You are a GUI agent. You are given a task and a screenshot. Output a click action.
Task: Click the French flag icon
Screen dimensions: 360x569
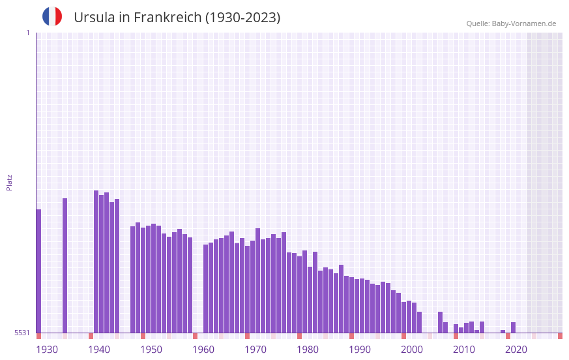click(x=52, y=16)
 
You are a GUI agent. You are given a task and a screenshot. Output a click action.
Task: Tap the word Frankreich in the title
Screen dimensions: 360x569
click(x=167, y=18)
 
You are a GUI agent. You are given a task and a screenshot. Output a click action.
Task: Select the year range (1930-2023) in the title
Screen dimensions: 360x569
click(x=242, y=18)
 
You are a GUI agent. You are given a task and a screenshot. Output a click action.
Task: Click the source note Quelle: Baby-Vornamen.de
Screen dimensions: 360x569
click(x=511, y=23)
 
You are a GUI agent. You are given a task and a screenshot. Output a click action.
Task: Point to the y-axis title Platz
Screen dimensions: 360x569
click(x=9, y=182)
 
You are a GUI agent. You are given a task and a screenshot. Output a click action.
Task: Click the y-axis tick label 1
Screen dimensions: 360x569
click(x=27, y=33)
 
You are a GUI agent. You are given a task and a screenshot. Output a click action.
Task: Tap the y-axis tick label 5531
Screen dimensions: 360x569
click(x=22, y=333)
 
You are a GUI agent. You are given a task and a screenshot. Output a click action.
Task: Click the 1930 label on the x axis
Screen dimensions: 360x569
click(x=47, y=350)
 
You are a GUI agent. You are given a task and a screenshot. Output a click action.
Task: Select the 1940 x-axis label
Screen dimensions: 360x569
click(x=99, y=350)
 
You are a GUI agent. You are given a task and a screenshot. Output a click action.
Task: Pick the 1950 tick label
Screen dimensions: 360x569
click(x=151, y=350)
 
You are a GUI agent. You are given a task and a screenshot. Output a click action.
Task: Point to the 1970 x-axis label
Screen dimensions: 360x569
click(x=255, y=350)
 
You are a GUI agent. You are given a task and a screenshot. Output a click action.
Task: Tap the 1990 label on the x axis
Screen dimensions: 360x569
click(x=360, y=350)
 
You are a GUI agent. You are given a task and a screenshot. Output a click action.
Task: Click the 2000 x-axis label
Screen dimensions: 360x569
click(x=412, y=350)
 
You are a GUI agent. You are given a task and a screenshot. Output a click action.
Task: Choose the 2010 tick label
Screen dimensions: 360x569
click(x=464, y=350)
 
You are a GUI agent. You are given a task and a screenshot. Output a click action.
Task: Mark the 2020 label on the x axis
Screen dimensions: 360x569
click(x=516, y=350)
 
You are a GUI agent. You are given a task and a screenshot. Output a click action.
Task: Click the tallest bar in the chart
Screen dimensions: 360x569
click(x=96, y=261)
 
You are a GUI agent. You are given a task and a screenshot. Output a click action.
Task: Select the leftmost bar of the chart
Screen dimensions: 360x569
click(x=38, y=271)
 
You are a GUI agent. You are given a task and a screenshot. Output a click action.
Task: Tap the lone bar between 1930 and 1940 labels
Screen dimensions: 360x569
click(x=65, y=265)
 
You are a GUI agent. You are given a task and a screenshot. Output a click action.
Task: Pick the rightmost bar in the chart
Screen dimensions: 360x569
click(x=513, y=327)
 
